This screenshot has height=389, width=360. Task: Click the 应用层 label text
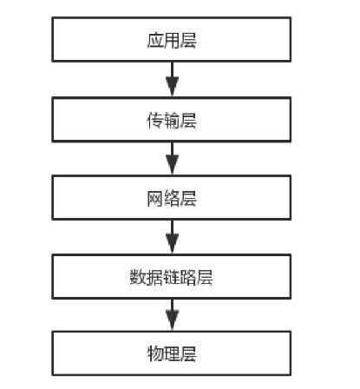(172, 41)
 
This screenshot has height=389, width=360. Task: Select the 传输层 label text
(172, 120)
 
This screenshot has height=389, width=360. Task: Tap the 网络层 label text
(172, 199)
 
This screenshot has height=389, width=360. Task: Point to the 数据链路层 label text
(172, 278)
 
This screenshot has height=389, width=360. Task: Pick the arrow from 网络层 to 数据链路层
(172, 236)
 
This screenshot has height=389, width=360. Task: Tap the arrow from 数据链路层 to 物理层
(172, 314)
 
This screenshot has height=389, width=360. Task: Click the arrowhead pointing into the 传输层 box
(172, 89)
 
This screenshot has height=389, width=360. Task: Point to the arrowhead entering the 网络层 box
(172, 167)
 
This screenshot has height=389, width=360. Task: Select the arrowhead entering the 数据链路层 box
(172, 245)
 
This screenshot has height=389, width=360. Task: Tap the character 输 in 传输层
(172, 120)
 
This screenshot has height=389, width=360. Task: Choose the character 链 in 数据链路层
(172, 278)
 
